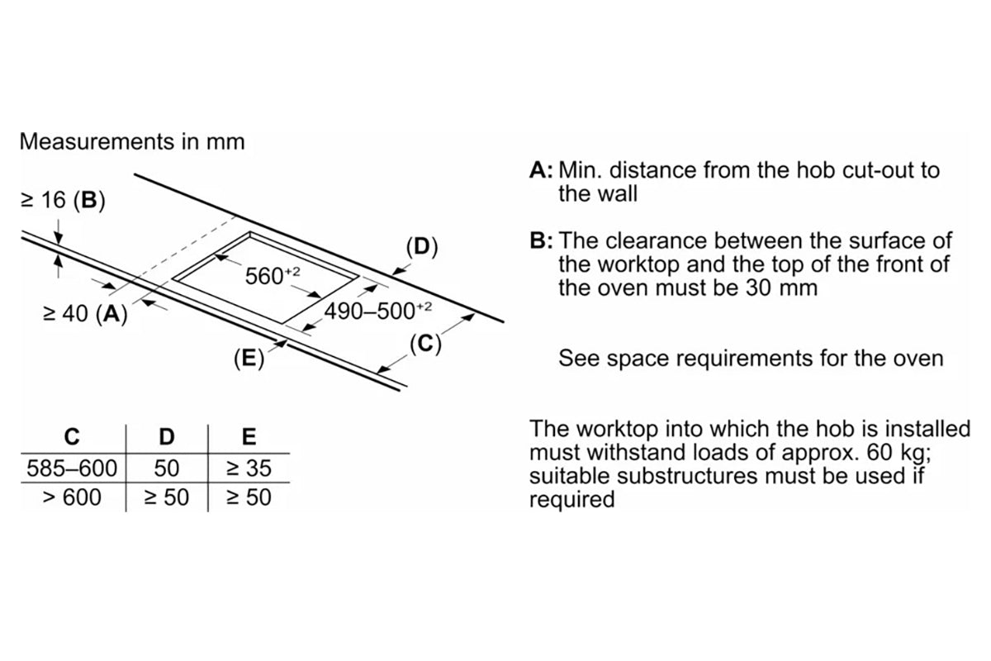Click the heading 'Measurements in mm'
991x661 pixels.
tap(132, 141)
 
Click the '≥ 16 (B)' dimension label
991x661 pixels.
tap(63, 201)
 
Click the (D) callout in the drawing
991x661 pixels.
tap(421, 246)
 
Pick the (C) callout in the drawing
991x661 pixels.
tap(425, 343)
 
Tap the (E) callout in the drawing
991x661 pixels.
tap(249, 358)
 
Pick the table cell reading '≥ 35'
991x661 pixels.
tap(249, 468)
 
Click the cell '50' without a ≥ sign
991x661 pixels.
tap(167, 468)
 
